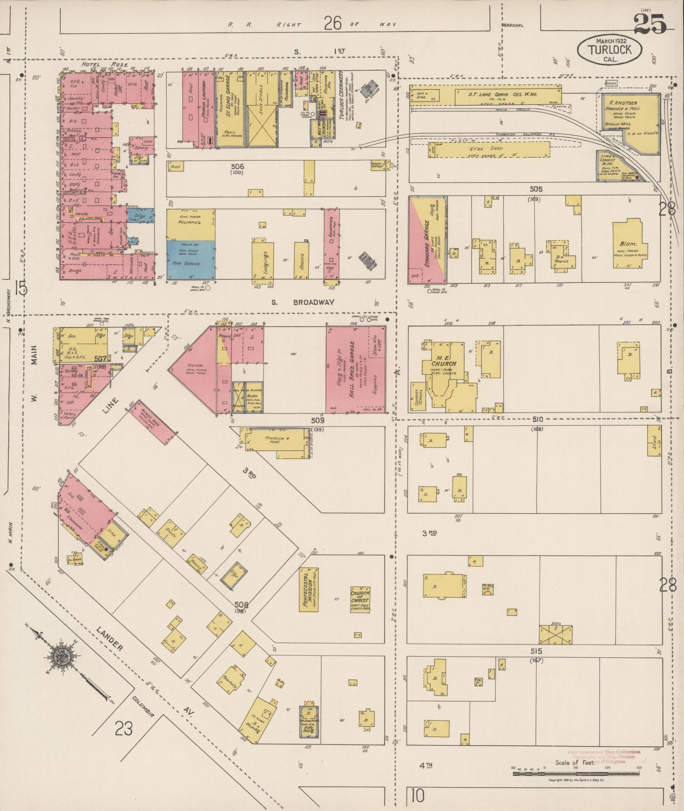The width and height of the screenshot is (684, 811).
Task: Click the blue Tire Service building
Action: (190, 259)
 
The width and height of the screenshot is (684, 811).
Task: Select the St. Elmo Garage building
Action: (231, 109)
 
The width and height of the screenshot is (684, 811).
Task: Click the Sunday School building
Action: (418, 397)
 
